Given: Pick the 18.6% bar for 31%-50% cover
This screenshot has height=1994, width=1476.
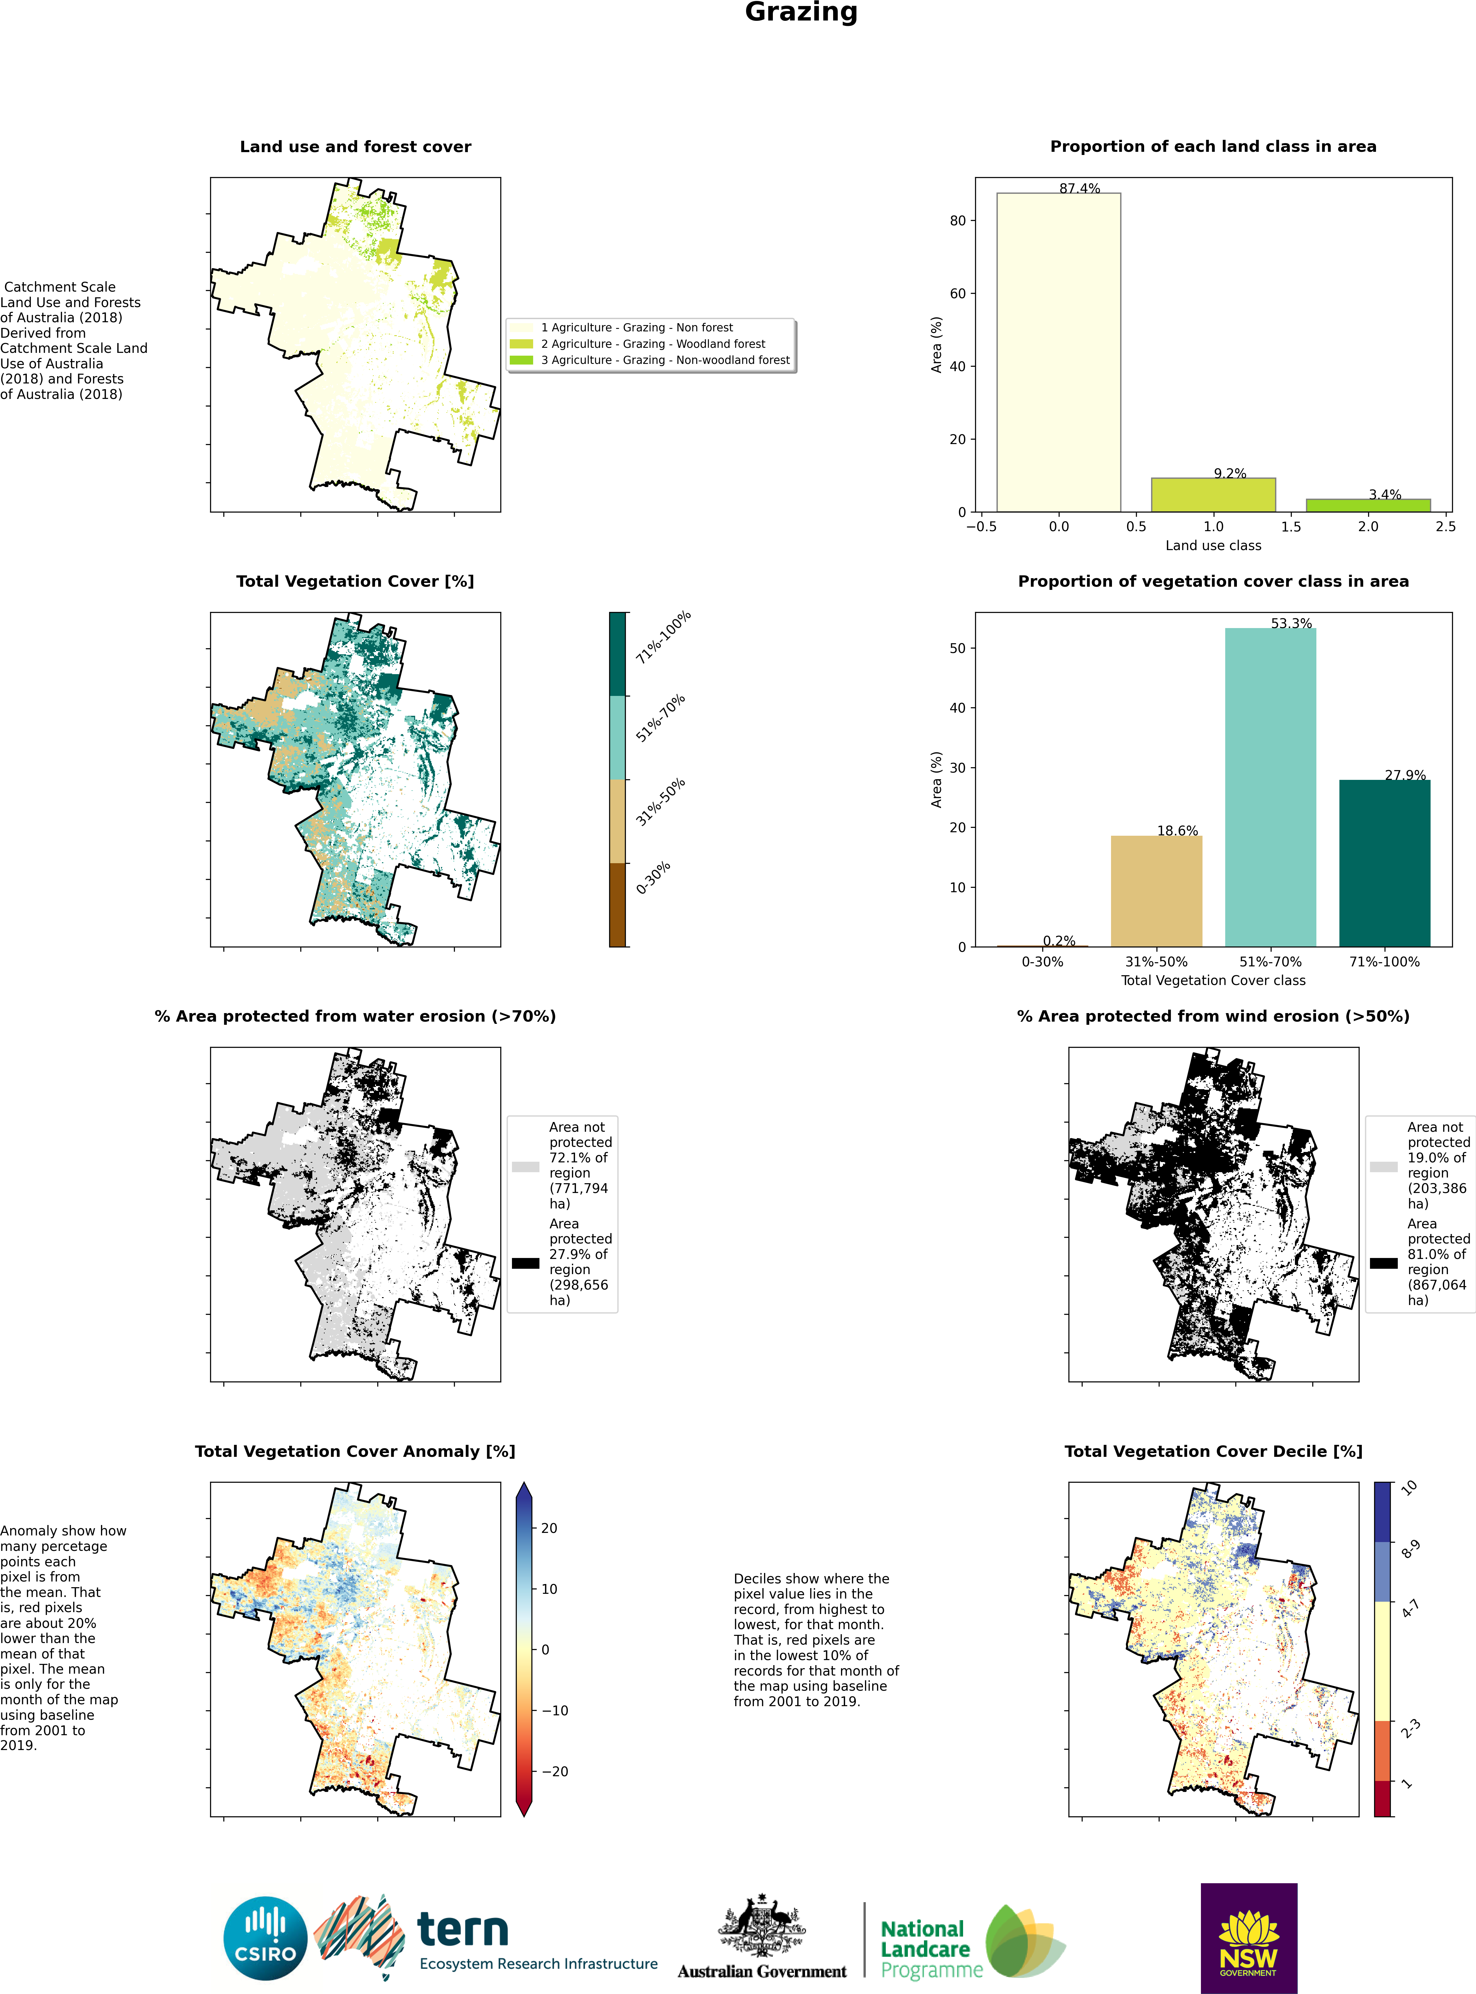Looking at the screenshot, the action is [x=1156, y=891].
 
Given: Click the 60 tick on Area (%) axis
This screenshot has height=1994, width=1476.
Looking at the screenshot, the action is [x=958, y=293].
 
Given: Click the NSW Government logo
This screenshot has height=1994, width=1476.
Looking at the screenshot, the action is [x=1248, y=1938].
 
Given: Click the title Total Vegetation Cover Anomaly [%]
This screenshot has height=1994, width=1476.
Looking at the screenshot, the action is [x=355, y=1451].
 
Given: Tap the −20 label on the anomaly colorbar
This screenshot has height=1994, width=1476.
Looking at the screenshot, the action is [x=554, y=1771].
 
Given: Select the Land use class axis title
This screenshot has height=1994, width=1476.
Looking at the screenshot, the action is [x=1213, y=545].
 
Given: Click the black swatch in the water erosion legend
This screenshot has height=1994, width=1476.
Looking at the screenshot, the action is [x=525, y=1263].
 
